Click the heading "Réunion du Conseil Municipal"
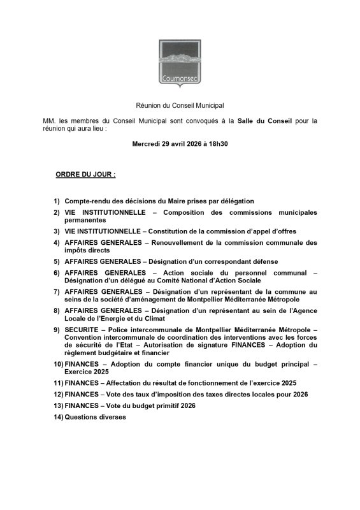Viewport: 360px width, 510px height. (180, 104)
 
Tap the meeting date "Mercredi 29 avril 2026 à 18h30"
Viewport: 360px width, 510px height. (180, 144)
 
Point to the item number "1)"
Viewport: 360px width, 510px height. (57, 201)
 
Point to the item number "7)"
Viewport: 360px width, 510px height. (57, 292)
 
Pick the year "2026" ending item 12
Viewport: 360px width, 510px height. (300, 394)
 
